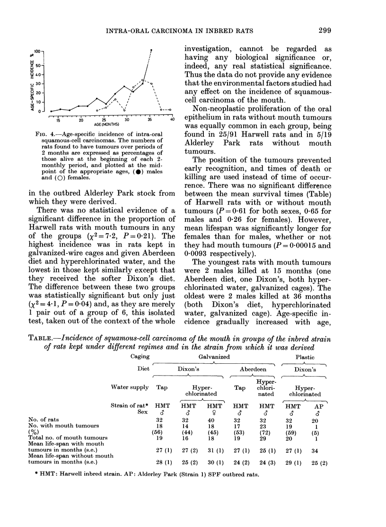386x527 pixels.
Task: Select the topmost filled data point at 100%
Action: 151,50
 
